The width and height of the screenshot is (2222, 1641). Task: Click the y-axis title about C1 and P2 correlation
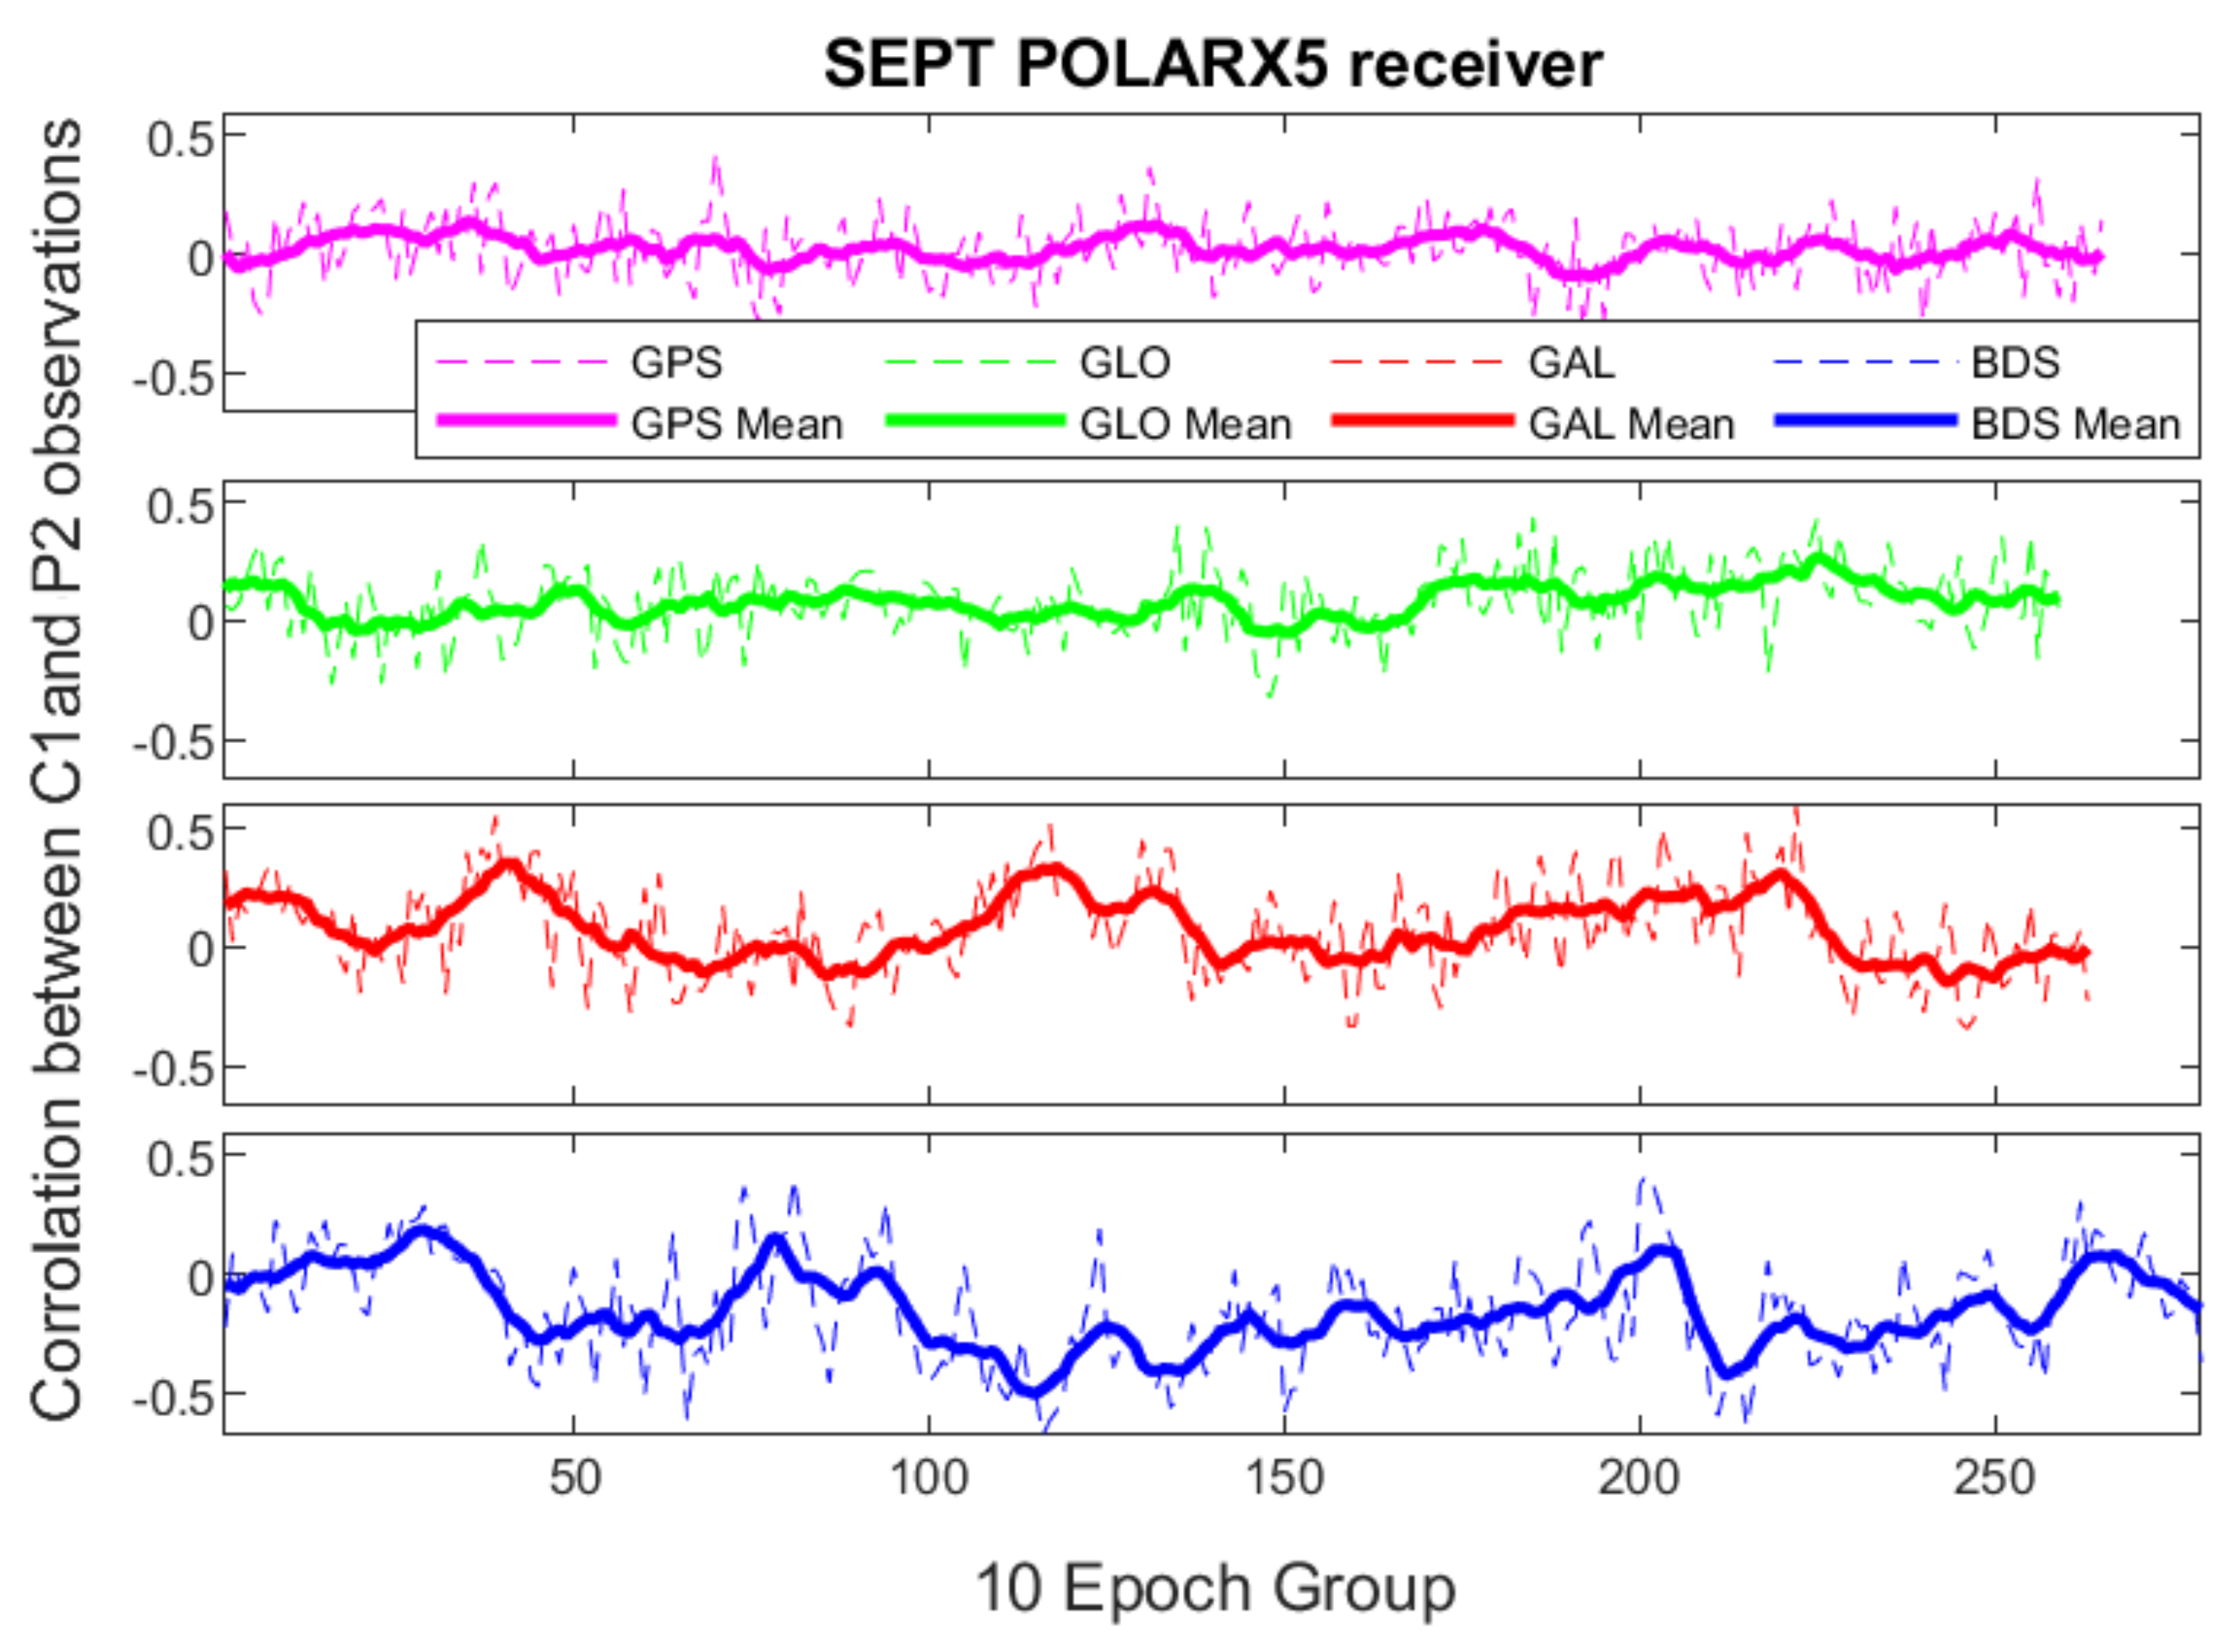click(x=56, y=770)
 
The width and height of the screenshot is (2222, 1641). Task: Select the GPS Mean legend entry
click(x=736, y=424)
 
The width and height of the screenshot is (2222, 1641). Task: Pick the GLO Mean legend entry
click(x=1185, y=424)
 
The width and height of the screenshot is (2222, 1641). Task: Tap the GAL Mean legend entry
click(x=1631, y=424)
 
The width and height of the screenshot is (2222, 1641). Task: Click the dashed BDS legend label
click(x=2014, y=362)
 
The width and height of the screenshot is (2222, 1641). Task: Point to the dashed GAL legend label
click(x=1571, y=362)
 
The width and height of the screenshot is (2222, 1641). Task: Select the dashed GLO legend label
click(x=1125, y=362)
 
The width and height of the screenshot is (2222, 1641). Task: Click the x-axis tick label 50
click(x=574, y=1478)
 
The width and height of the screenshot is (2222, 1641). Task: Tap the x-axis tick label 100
click(x=929, y=1478)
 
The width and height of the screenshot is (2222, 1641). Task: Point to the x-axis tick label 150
click(x=1284, y=1478)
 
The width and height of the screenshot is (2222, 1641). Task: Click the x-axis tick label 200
click(x=1639, y=1478)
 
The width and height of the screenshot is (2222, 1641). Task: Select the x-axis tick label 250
click(x=1995, y=1478)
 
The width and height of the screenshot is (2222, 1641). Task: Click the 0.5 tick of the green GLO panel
click(x=180, y=506)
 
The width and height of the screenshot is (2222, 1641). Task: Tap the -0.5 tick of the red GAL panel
click(x=174, y=1068)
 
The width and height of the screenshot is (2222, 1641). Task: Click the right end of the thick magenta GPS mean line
click(x=2099, y=259)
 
